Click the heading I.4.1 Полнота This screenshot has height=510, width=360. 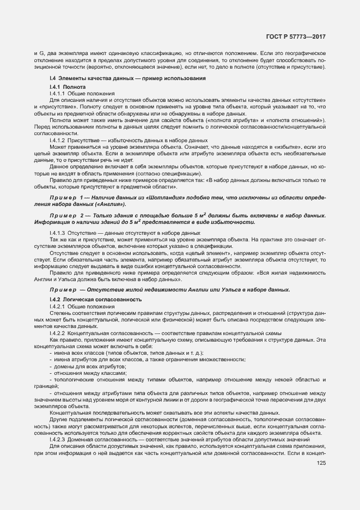67,87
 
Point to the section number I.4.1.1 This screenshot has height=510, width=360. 58,94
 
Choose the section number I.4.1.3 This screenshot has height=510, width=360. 58,232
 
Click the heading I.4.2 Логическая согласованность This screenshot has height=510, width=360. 95,300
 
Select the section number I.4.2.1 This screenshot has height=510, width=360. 58,307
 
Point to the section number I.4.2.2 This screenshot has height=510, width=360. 58,333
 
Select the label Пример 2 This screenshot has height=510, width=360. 65,216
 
